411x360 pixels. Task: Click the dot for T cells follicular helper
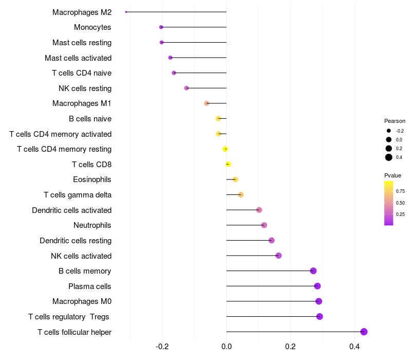pos(364,332)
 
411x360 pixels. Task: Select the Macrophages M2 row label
pos(82,12)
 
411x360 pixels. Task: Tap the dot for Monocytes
pos(161,27)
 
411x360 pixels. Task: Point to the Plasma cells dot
pos(317,286)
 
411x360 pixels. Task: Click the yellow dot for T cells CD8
pos(228,165)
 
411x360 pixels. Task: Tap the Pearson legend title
pos(395,121)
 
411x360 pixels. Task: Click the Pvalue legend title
pos(393,175)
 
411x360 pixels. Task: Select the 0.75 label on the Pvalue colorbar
pos(400,191)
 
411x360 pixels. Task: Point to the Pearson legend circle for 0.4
pos(389,157)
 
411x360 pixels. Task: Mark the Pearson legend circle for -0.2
pos(389,131)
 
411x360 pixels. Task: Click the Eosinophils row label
pos(92,179)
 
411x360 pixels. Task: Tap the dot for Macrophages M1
pos(207,103)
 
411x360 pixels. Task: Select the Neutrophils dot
pos(264,225)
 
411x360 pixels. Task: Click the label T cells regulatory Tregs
pos(69,316)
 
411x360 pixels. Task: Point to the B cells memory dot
pos(313,271)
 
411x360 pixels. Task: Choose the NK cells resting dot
pos(186,88)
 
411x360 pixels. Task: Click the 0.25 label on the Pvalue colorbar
pos(400,214)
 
